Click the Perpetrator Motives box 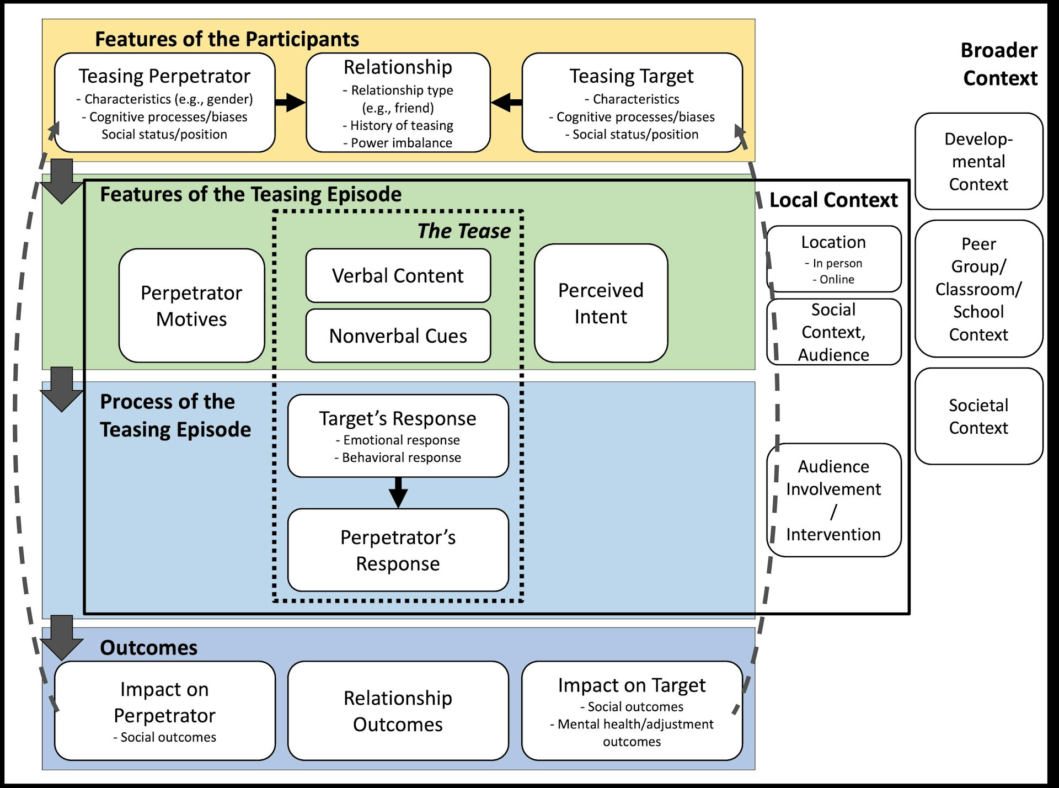pos(191,306)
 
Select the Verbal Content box pos(398,275)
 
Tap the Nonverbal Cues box pos(398,336)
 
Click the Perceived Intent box pos(601,303)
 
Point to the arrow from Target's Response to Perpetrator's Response pos(398,492)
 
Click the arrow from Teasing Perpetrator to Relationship pos(290,102)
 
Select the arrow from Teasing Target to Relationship pos(506,102)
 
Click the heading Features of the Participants pos(227,39)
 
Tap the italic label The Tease pos(464,231)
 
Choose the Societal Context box pos(978,416)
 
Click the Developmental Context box pos(978,161)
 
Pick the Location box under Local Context pos(833,258)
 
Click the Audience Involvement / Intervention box pos(833,500)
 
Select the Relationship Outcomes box pos(398,711)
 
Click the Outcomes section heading pos(148,647)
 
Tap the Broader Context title pos(999,64)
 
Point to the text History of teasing pos(401,125)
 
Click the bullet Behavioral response pos(401,457)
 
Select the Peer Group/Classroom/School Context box pos(978,289)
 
